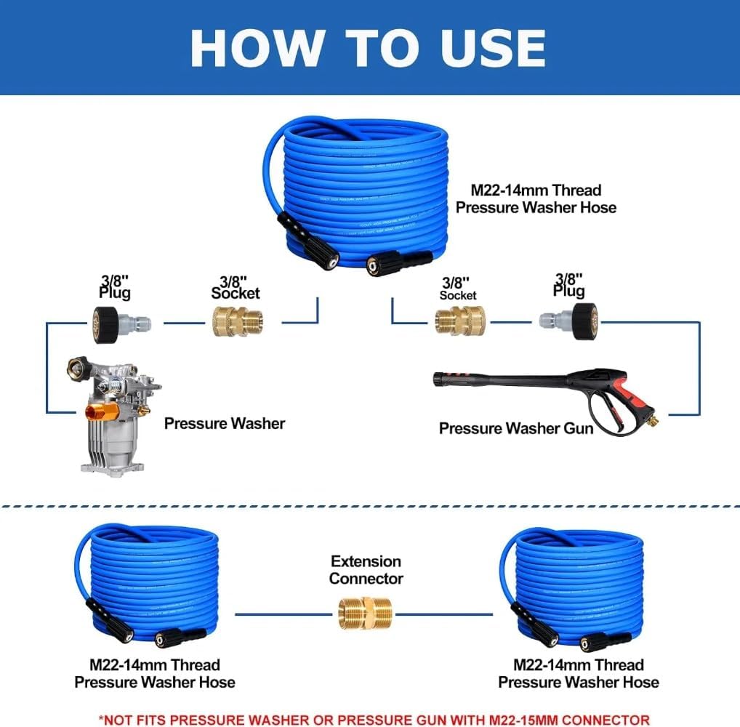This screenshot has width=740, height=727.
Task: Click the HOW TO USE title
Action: pyautogui.click(x=368, y=48)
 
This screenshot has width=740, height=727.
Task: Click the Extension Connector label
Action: pyautogui.click(x=366, y=570)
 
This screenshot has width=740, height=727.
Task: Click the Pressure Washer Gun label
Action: pyautogui.click(x=516, y=428)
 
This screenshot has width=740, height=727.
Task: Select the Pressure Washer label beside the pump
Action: pyautogui.click(x=225, y=423)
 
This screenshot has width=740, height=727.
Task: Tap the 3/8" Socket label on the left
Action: pyautogui.click(x=236, y=287)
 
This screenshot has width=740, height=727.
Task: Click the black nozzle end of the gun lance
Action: pyautogui.click(x=441, y=379)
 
